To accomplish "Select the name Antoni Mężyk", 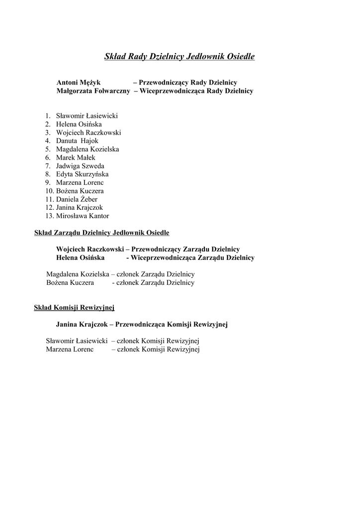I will click(x=79, y=83).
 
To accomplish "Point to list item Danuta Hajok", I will click(x=77, y=141).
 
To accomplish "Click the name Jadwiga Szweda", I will click(x=80, y=166).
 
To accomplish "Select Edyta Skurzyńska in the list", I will click(x=82, y=174).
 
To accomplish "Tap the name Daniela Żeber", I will click(x=77, y=199).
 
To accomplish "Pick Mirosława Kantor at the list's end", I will click(x=83, y=216).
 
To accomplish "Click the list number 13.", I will click(x=49, y=216).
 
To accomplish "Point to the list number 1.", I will click(x=48, y=116).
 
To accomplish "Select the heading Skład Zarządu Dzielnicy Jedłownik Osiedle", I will click(x=101, y=232).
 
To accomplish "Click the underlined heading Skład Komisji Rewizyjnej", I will click(x=74, y=307).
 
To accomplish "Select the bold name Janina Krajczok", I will click(x=82, y=324).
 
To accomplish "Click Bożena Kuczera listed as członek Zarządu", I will click(x=70, y=283).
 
